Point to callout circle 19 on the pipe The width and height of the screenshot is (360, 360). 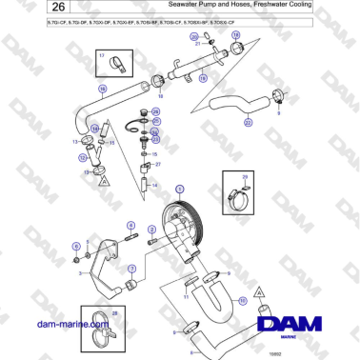[202, 82]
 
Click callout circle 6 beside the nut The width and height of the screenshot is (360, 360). [75, 246]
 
